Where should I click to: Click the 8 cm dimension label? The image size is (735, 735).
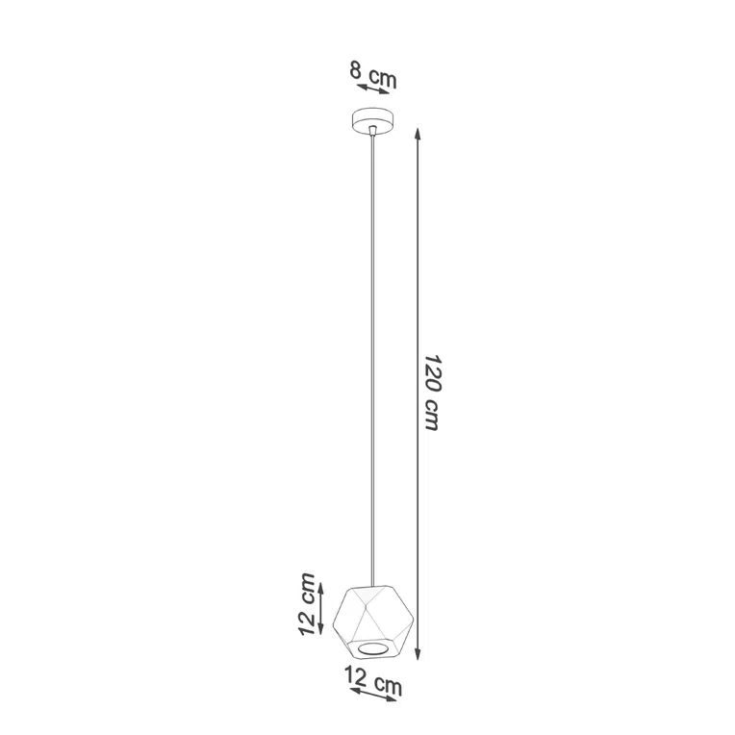371,74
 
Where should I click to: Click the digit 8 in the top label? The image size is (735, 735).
356,70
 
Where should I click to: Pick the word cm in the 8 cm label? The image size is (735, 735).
380,77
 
